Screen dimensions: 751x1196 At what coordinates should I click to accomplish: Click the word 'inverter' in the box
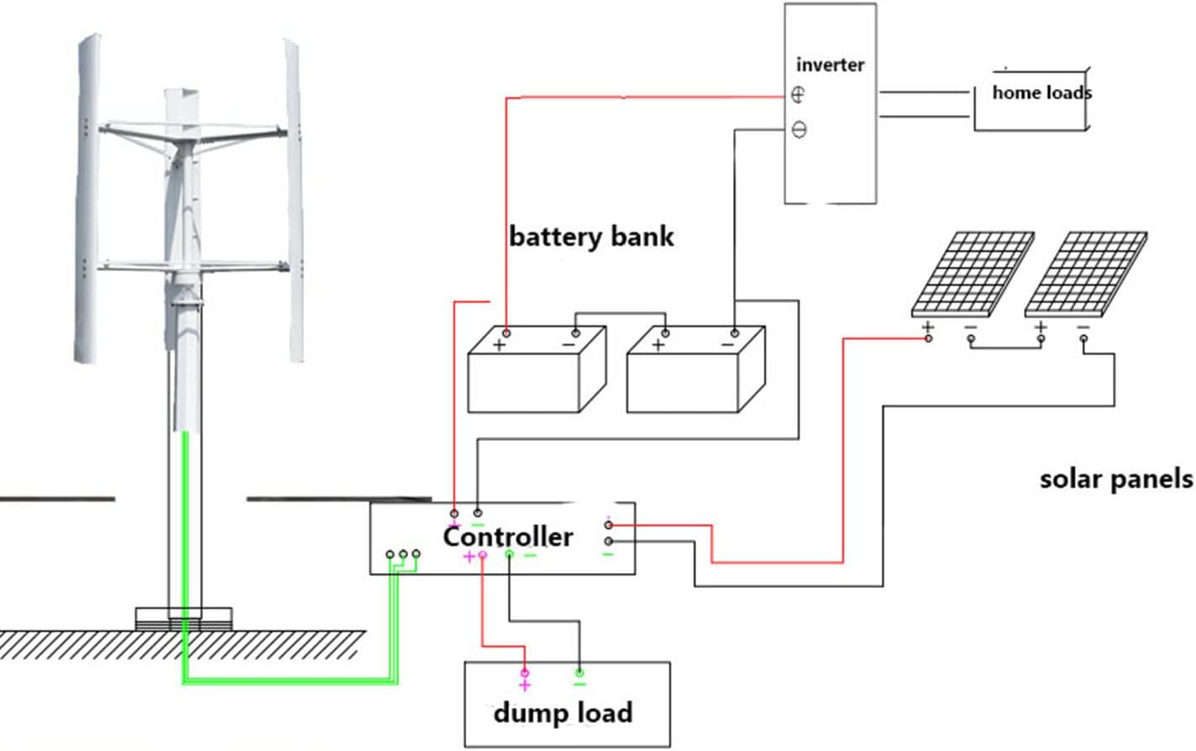(x=830, y=65)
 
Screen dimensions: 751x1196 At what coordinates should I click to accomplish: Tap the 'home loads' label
(x=1041, y=92)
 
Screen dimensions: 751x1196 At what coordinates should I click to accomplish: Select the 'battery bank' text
(x=591, y=237)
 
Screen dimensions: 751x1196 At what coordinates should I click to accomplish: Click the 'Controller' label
(x=508, y=536)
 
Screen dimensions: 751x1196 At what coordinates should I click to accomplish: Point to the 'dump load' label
(x=563, y=713)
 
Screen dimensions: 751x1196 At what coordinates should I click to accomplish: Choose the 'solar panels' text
(x=1116, y=479)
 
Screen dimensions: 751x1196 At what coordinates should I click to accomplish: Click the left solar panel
(x=970, y=274)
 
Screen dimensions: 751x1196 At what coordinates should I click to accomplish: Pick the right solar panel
(x=1085, y=274)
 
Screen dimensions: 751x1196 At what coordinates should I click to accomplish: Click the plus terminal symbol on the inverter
(x=798, y=95)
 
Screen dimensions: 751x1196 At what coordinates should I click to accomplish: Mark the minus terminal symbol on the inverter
(x=799, y=129)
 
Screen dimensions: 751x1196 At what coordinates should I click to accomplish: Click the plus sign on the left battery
(x=500, y=344)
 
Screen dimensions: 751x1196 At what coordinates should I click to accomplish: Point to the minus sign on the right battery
(x=727, y=344)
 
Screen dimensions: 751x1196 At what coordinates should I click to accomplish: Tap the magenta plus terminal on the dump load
(x=525, y=679)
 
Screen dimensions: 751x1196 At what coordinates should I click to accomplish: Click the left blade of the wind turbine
(x=88, y=202)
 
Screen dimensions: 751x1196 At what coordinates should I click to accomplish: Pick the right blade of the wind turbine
(x=294, y=202)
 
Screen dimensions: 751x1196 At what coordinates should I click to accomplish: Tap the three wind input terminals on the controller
(x=403, y=554)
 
